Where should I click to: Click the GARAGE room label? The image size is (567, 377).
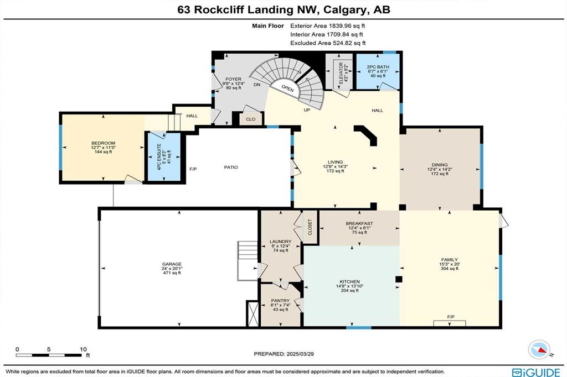[x=172, y=264]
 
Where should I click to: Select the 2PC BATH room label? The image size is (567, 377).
[x=378, y=67]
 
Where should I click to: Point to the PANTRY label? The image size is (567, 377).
[x=280, y=301]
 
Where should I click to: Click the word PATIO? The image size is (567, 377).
[x=231, y=167]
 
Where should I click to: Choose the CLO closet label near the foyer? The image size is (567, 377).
[x=251, y=119]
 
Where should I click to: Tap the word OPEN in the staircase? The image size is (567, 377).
[x=287, y=88]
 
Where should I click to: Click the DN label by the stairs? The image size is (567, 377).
[x=257, y=85]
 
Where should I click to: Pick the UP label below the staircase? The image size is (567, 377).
[x=307, y=110]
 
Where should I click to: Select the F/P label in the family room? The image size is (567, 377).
[x=451, y=317]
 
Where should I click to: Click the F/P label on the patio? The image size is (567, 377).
[x=193, y=169]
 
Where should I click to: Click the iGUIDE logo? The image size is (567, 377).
[x=536, y=373]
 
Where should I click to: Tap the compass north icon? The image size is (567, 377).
[x=539, y=349]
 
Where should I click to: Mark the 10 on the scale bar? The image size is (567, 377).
[x=83, y=349]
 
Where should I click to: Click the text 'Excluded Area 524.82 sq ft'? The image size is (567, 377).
[x=328, y=43]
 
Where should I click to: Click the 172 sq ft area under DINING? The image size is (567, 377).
[x=439, y=174]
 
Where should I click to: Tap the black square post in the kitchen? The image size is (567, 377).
[x=399, y=279]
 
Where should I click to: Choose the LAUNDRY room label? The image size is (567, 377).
[x=280, y=242]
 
